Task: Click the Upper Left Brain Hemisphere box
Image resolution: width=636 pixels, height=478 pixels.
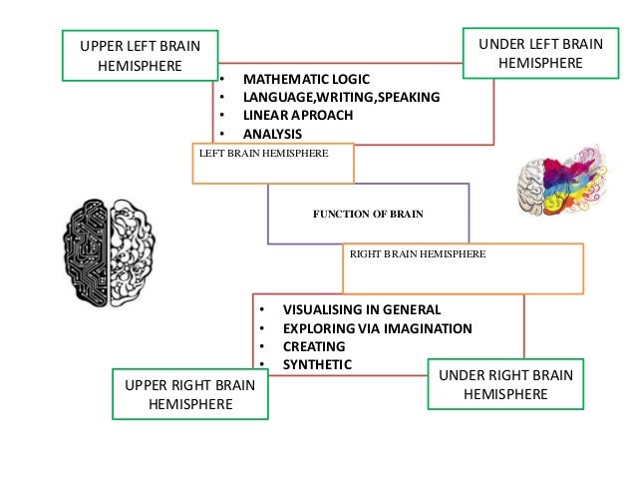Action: [x=140, y=55]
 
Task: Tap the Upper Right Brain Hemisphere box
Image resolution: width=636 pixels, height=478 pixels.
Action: [x=189, y=394]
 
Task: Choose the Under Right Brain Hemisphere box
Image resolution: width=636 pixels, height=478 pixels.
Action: [x=505, y=384]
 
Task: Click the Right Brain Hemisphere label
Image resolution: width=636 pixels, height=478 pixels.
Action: [x=418, y=254]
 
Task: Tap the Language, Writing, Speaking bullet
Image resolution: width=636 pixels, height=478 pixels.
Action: [x=341, y=97]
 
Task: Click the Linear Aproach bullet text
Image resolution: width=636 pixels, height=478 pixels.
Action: [x=298, y=115]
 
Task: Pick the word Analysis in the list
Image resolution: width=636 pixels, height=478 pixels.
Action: [x=272, y=134]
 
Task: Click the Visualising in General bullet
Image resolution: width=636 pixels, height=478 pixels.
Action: [x=361, y=309]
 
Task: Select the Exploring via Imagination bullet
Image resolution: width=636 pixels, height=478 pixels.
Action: [x=377, y=328]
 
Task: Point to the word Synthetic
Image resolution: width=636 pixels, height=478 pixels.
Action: [x=317, y=364]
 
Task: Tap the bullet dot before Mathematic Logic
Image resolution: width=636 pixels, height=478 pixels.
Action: [x=222, y=78]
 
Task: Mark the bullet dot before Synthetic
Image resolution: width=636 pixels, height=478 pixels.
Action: [x=261, y=365]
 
